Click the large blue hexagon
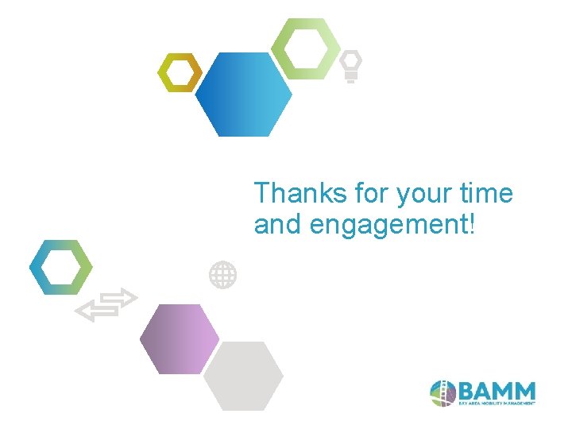(243, 95)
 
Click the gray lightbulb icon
(351, 66)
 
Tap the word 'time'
(487, 193)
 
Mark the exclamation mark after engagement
(474, 225)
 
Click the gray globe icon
(222, 275)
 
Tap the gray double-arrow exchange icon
(106, 305)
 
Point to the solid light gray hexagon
(243, 376)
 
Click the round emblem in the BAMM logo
(443, 392)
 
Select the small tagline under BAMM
(497, 404)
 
